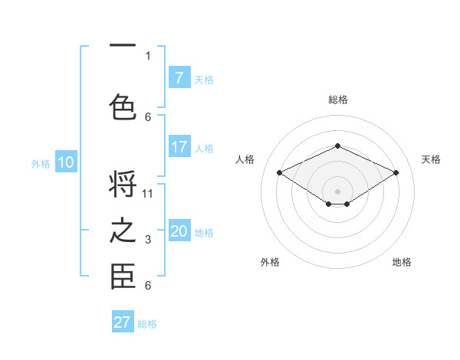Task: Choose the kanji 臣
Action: point(123,277)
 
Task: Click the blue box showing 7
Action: point(179,77)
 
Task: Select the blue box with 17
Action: point(179,147)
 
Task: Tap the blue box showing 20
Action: point(179,231)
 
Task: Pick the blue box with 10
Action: point(66,162)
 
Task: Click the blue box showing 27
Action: point(123,322)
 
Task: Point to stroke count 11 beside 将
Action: point(148,193)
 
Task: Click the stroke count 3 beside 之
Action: point(148,241)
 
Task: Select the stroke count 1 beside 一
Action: point(148,55)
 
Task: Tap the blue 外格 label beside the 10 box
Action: point(41,163)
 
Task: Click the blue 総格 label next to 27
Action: point(147,323)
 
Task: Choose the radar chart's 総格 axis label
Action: point(337,100)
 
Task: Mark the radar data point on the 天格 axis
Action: point(396,172)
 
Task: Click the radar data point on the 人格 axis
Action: point(279,172)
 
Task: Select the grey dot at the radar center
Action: point(337,190)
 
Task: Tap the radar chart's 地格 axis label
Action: point(402,262)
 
